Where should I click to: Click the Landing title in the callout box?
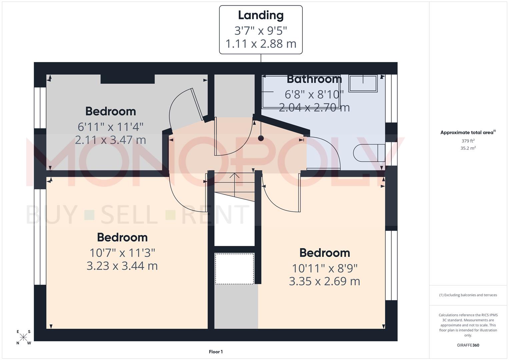[261, 15]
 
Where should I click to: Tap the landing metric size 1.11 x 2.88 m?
[261, 44]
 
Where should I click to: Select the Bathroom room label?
[314, 79]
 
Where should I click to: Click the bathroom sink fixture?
[363, 83]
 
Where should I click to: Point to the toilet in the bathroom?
[368, 153]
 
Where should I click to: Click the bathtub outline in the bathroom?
[301, 92]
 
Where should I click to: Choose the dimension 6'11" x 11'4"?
[110, 127]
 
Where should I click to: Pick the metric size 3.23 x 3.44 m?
[122, 266]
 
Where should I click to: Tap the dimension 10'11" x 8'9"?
[324, 268]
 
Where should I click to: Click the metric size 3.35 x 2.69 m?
[324, 281]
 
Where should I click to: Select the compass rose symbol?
[24, 337]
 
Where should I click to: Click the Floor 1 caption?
[216, 352]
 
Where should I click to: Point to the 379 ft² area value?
[468, 141]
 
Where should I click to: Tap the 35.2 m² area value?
[468, 148]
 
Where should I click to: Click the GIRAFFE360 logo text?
[468, 345]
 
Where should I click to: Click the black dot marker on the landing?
[261, 138]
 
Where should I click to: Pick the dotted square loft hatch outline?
[234, 269]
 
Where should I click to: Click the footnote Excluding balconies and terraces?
[468, 295]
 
